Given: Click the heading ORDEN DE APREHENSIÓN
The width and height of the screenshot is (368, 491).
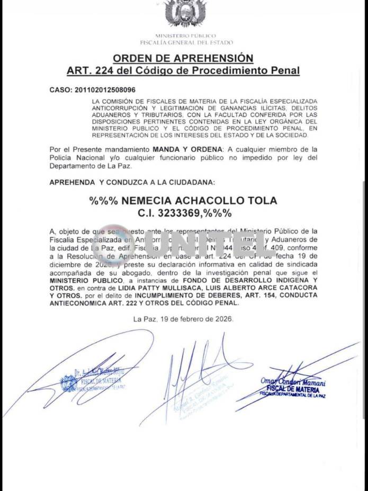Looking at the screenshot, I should click(x=183, y=58).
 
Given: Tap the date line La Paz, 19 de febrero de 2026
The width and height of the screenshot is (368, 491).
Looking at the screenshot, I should click(x=183, y=319).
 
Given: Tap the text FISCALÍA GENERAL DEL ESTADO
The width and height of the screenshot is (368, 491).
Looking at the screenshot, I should click(x=186, y=42).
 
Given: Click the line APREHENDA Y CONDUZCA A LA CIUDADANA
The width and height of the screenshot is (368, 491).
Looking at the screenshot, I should click(x=132, y=182).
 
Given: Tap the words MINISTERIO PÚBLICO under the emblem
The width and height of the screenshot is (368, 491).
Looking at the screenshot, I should click(x=185, y=35).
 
